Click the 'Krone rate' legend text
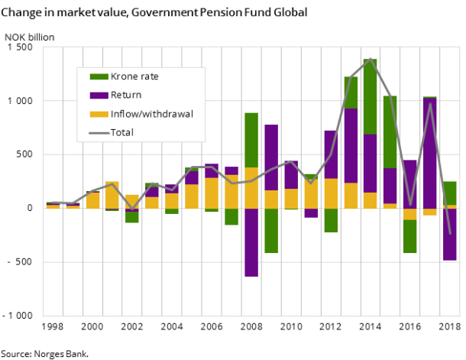click(134, 76)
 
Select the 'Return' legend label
click(126, 96)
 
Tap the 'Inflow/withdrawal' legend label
click(151, 114)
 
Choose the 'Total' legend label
click(122, 132)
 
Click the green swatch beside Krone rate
click(99, 76)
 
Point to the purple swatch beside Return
click(99, 96)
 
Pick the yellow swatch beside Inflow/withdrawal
click(99, 114)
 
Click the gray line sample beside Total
click(99, 132)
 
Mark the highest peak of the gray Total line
click(371, 59)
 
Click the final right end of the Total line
click(450, 233)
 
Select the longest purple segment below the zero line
click(251, 242)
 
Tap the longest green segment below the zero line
click(271, 230)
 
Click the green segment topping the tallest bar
click(371, 96)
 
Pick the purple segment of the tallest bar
click(371, 163)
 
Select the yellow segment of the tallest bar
click(371, 200)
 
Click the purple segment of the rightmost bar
click(450, 235)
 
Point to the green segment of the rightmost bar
click(450, 193)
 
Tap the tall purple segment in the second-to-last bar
click(430, 153)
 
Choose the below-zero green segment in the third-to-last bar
click(410, 236)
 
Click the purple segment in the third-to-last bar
click(410, 183)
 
